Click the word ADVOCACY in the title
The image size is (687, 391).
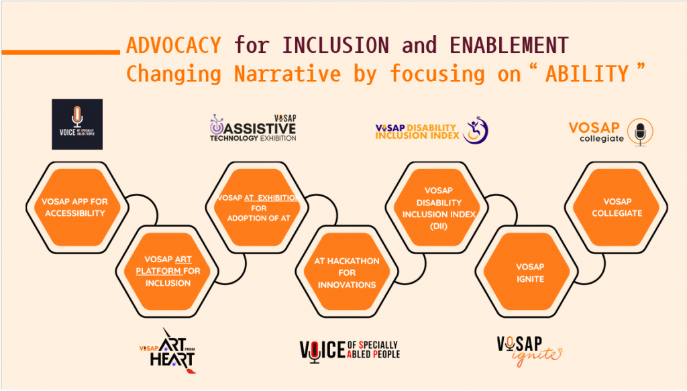[174, 46]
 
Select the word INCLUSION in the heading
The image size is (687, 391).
[335, 46]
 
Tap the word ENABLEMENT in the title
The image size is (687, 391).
[509, 46]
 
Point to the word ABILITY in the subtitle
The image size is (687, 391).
[587, 74]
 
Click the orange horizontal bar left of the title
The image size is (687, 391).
[61, 52]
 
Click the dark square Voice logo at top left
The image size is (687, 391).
[77, 124]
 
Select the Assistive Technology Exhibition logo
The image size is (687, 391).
[253, 128]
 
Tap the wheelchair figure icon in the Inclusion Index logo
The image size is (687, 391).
[476, 130]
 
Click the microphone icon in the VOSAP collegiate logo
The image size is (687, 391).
[640, 132]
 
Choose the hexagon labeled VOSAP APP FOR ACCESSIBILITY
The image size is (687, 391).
[77, 207]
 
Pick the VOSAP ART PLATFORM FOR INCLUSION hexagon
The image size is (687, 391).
[167, 272]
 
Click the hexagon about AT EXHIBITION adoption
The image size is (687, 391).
[257, 207]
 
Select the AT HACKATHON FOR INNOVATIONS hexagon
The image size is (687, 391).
[347, 272]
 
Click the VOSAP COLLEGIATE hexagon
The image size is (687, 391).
[617, 207]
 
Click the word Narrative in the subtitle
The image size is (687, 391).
[287, 74]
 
